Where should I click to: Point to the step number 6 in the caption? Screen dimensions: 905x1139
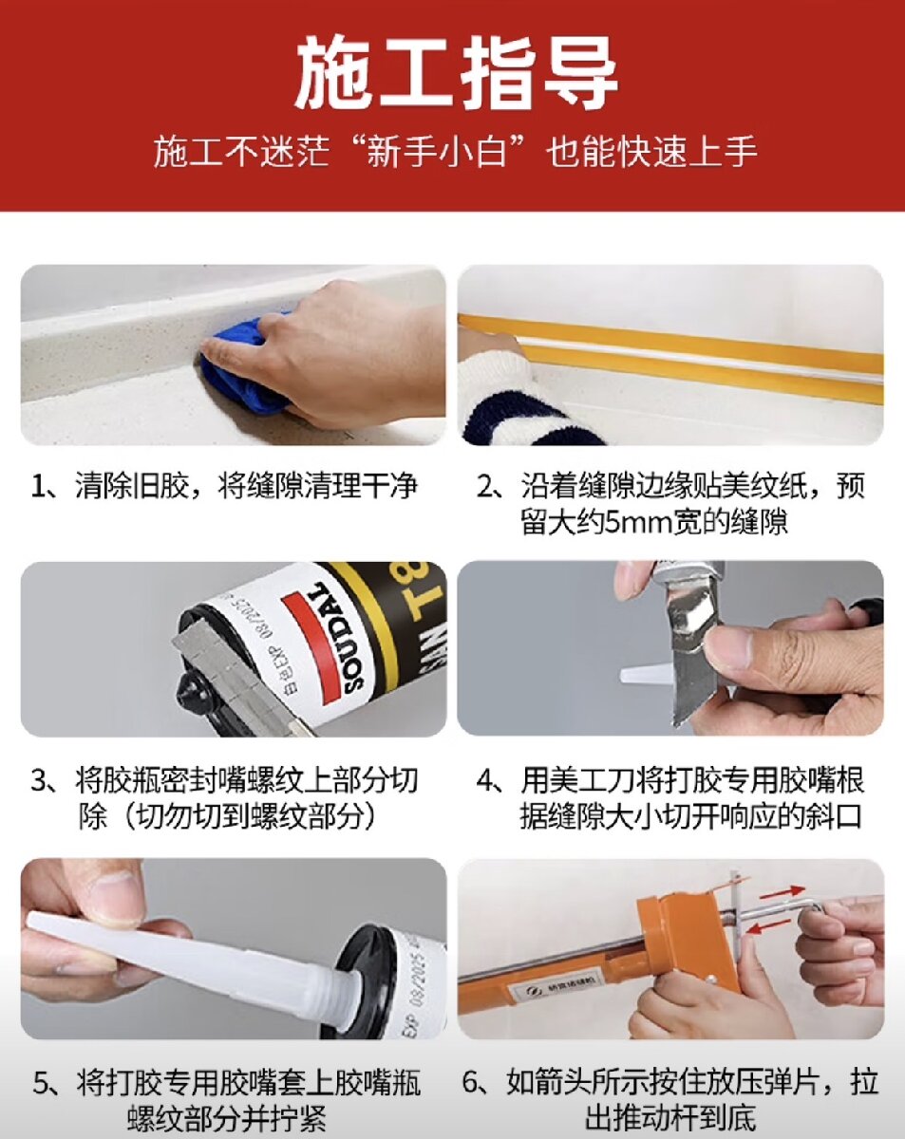tap(470, 1068)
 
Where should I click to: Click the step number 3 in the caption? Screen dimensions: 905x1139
tap(39, 780)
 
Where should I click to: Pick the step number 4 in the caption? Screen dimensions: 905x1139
tap(484, 780)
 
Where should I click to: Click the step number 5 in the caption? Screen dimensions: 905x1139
tap(40, 1068)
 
